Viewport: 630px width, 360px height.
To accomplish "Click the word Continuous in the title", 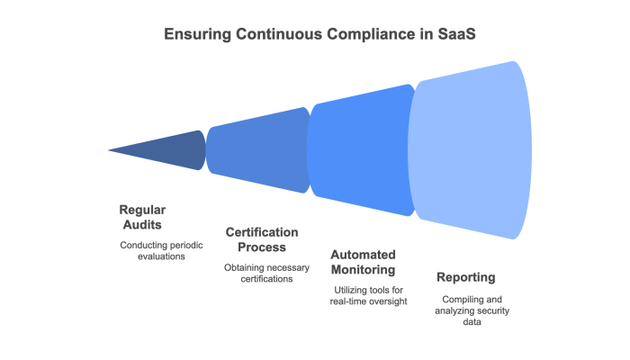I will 279,34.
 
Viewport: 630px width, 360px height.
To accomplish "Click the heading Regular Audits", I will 142,217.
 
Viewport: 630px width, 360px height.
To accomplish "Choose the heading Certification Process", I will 262,239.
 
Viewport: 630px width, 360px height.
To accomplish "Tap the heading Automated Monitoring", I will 364,262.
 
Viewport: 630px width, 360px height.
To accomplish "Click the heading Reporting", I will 465,277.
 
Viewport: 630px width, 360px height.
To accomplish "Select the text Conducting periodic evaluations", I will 152,250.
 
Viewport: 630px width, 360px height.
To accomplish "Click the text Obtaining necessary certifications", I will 261,273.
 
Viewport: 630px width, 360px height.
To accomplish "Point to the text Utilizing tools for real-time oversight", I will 369,295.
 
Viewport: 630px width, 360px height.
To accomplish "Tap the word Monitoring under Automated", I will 364,269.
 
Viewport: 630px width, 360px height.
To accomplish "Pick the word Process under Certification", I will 262,247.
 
